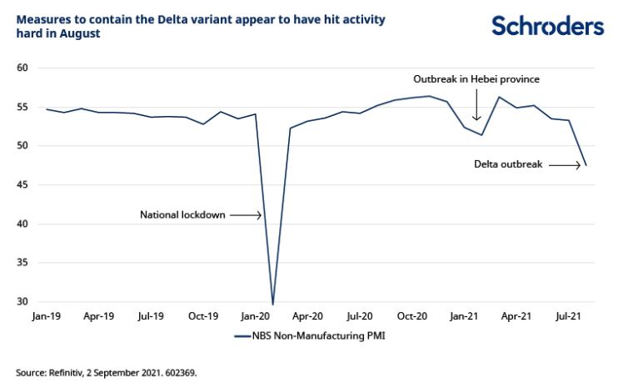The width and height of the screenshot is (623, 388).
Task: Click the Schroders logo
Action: coord(547,26)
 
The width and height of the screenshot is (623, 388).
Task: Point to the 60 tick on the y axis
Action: coord(22,68)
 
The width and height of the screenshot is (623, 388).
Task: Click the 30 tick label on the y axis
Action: coord(22,302)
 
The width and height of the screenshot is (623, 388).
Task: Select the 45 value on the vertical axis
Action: coord(22,185)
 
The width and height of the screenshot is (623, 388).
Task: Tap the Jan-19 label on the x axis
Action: coord(47,317)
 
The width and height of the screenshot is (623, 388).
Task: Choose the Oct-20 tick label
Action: coord(411,317)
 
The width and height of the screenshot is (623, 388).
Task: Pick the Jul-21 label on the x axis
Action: coord(568,317)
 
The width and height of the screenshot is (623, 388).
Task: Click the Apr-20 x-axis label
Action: coord(307,317)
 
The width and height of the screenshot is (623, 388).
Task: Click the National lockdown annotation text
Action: coord(182,215)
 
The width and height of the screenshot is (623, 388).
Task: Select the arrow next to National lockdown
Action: coord(247,215)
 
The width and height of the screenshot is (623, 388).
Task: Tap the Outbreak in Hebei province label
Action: coord(476,79)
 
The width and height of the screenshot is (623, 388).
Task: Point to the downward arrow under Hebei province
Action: coord(476,107)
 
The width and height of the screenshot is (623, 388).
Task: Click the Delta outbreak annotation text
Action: coord(508,165)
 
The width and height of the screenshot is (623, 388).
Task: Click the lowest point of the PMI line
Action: coord(272,305)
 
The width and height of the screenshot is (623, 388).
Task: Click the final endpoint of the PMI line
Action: coord(586,165)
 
